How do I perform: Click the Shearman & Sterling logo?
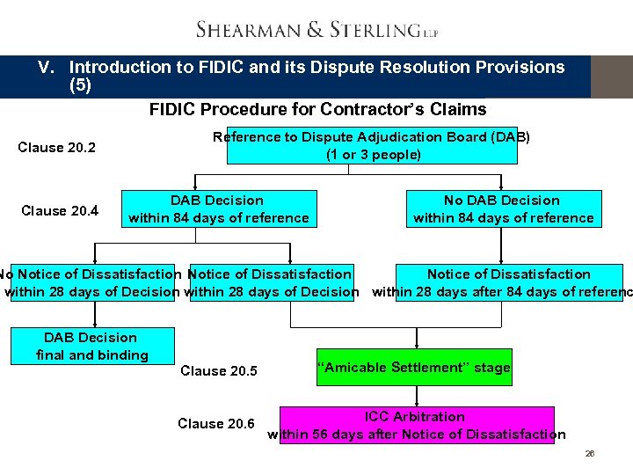(x=316, y=30)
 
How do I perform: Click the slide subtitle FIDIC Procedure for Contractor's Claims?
(x=317, y=109)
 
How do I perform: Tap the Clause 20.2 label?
(x=57, y=147)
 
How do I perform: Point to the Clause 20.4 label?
(x=60, y=210)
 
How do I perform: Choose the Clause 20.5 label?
(x=219, y=371)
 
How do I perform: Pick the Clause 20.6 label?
(x=216, y=424)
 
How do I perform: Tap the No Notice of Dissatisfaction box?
(x=92, y=283)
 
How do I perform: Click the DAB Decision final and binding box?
(x=92, y=347)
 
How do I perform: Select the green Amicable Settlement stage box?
(x=413, y=368)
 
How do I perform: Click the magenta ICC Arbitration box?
(x=417, y=425)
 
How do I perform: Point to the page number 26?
(x=590, y=454)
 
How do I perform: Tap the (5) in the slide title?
(x=80, y=86)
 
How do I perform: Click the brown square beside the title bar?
(x=611, y=77)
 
